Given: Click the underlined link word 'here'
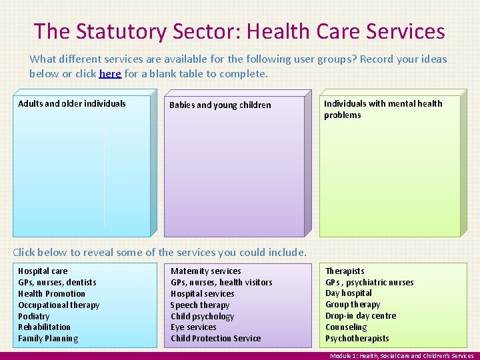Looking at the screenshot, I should [110, 73].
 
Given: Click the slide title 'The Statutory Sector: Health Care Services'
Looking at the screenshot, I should [239, 31].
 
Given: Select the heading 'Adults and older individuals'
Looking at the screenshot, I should [72, 103].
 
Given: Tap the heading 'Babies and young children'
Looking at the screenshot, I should [220, 105].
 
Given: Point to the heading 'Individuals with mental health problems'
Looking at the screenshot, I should [383, 109].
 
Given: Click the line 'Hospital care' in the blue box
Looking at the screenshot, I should [43, 271].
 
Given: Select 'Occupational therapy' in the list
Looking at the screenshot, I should [59, 305].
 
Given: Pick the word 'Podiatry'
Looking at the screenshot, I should [34, 316].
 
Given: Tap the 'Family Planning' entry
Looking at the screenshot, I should [48, 339].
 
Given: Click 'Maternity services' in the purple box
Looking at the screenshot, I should [206, 271].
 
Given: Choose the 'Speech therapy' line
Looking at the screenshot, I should [200, 305].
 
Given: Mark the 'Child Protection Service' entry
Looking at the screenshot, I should [216, 339].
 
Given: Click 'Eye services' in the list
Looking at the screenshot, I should [193, 327].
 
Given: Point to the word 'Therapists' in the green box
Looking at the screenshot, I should [345, 271].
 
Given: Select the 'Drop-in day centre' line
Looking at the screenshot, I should [361, 316].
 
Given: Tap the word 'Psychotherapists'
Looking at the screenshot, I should [357, 339].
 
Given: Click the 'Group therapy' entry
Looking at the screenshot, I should [353, 305].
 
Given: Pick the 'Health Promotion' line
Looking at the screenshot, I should [52, 293].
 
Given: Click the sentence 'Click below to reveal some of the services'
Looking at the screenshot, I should [160, 252].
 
